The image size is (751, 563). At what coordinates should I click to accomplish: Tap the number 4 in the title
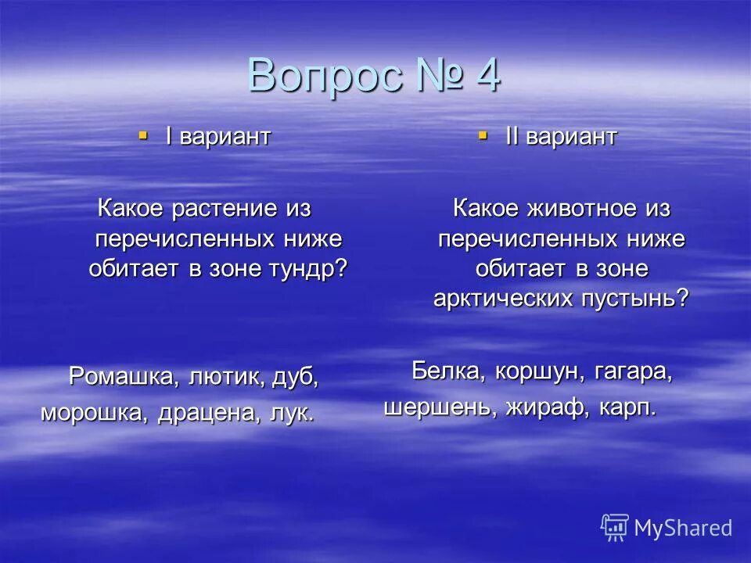484,77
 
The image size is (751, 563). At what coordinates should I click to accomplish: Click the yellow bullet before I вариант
142,135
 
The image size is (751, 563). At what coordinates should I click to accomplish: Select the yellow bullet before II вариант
483,136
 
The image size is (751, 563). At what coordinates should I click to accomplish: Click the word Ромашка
125,376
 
